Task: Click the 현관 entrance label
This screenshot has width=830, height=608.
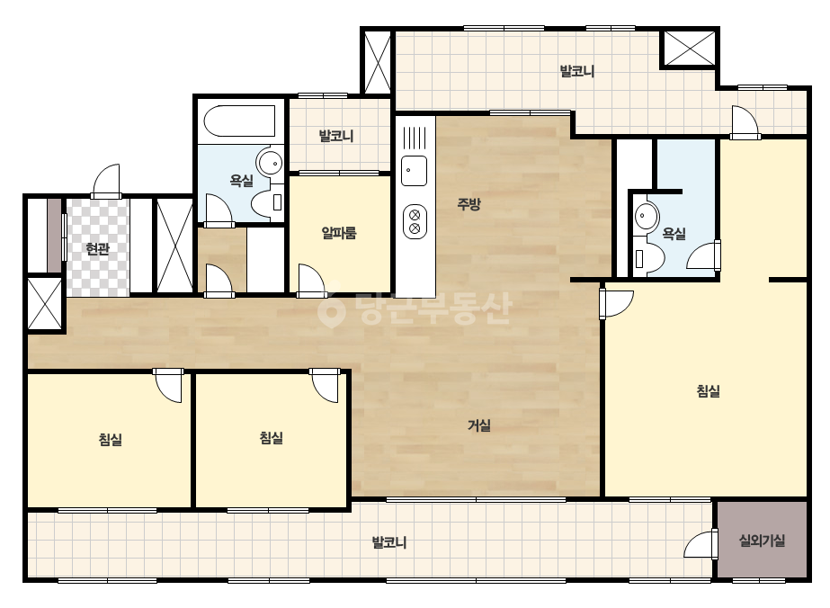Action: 97,248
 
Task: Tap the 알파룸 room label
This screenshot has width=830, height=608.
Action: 339,233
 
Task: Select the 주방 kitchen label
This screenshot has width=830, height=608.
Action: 469,204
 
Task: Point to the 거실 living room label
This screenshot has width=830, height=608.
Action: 479,425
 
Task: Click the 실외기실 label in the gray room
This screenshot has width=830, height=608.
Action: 762,541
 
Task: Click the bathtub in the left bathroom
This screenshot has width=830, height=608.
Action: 239,121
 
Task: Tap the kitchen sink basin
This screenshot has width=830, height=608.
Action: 414,171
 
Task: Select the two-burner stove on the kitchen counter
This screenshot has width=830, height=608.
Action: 415,221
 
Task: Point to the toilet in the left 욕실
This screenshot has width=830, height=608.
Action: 267,203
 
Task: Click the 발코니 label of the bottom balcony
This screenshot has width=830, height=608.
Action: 389,542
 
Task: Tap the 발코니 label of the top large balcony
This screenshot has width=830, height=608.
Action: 577,71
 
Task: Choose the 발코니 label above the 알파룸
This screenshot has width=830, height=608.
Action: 335,136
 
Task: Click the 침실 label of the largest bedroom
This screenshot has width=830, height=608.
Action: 709,391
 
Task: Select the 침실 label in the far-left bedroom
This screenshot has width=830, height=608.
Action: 110,439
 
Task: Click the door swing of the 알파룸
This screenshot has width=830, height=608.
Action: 312,279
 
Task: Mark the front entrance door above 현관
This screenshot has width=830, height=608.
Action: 106,181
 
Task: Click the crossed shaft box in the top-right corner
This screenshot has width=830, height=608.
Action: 689,49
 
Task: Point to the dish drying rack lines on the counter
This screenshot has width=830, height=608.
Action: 415,139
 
